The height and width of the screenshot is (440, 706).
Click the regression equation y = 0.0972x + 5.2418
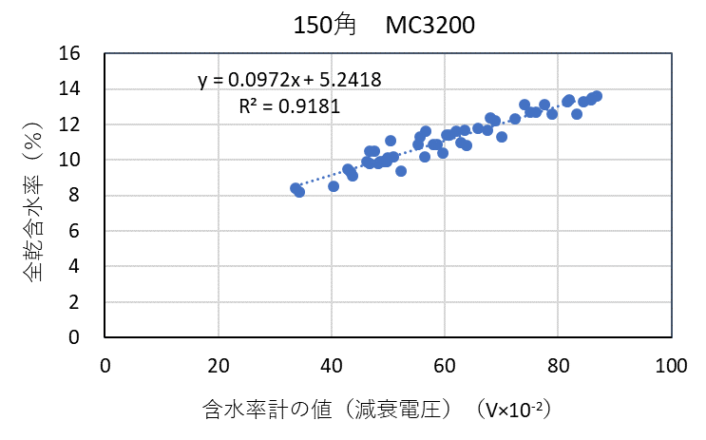(290, 80)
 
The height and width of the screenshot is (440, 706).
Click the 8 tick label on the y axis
(87, 196)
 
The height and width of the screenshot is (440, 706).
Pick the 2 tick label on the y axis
(87, 302)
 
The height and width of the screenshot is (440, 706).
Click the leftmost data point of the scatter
(295, 188)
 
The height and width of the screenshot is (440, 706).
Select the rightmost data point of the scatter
(596, 96)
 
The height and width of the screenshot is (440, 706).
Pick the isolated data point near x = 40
(334, 186)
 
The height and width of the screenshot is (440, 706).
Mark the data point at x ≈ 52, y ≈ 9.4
(401, 171)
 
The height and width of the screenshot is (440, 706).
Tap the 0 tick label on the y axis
(87, 337)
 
